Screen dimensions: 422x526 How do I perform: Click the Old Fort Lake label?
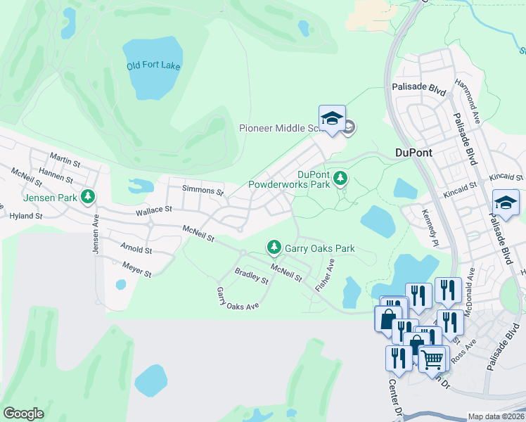point(153,66)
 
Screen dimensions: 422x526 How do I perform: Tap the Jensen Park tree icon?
point(89,197)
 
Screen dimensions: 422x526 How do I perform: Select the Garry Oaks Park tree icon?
point(274,247)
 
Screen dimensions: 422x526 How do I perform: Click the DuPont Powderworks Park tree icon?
point(340,177)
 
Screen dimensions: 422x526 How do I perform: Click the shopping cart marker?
point(432,359)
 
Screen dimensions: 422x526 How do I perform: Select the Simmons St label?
point(203,191)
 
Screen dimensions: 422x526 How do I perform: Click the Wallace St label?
point(154,210)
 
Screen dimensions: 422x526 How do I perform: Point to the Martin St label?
point(65,160)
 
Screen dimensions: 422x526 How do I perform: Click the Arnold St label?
point(136,250)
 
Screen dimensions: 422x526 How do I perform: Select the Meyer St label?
point(136,269)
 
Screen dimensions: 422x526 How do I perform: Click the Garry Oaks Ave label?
point(238,299)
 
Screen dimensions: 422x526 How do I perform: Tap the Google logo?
point(23,413)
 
